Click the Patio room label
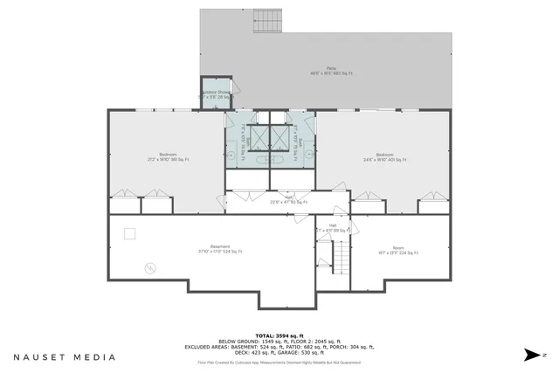point(331,71)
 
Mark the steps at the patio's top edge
point(266,18)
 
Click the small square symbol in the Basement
point(130,232)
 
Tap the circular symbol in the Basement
point(149,266)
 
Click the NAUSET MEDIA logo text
point(64,356)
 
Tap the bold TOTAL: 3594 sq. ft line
point(279,335)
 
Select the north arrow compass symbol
point(535,355)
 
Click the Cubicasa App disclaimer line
point(279,361)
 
